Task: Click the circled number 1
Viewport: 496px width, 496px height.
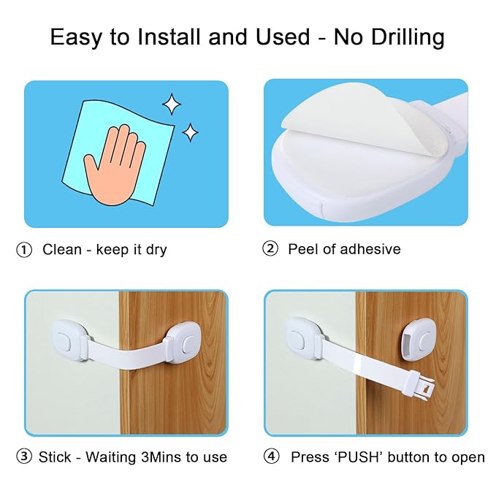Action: click(x=24, y=250)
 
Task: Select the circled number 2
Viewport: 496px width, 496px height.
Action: click(x=270, y=249)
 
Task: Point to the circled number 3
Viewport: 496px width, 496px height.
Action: click(x=24, y=457)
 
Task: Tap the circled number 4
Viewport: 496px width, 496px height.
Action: click(x=272, y=457)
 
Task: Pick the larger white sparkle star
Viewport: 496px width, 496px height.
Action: click(x=172, y=105)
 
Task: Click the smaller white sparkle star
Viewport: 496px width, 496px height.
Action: click(x=191, y=132)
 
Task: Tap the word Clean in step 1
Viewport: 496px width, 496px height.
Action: click(x=62, y=250)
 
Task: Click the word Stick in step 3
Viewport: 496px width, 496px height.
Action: click(x=54, y=457)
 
